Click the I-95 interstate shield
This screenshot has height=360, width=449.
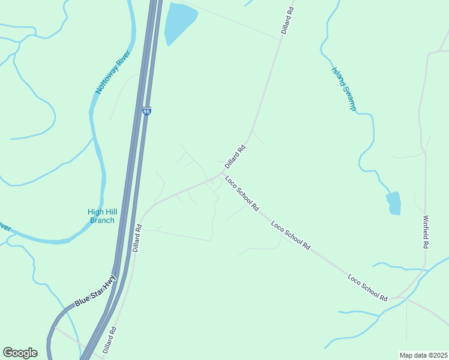click(146, 111)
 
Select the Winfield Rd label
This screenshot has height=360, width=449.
click(426, 232)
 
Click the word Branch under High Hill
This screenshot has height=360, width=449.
click(102, 220)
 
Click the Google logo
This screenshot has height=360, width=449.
click(20, 353)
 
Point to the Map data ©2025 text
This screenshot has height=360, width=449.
click(424, 355)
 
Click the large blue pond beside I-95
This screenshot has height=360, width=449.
click(179, 22)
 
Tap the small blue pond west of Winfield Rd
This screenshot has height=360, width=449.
click(394, 203)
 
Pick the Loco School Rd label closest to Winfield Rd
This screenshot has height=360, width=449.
click(367, 287)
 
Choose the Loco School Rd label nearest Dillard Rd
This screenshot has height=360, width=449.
click(242, 193)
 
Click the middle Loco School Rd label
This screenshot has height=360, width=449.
click(290, 236)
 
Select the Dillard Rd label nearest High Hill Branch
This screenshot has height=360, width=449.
click(137, 238)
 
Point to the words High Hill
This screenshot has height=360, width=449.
click(102, 211)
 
